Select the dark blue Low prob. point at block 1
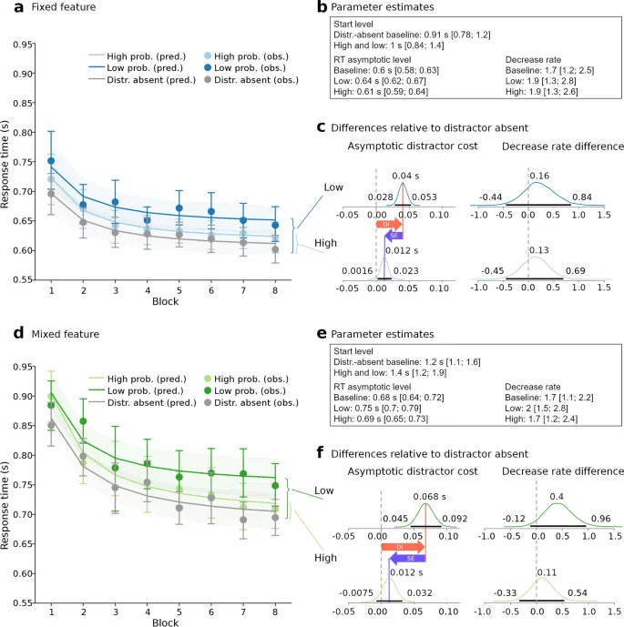tap(51, 160)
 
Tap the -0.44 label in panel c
tap(482, 197)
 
